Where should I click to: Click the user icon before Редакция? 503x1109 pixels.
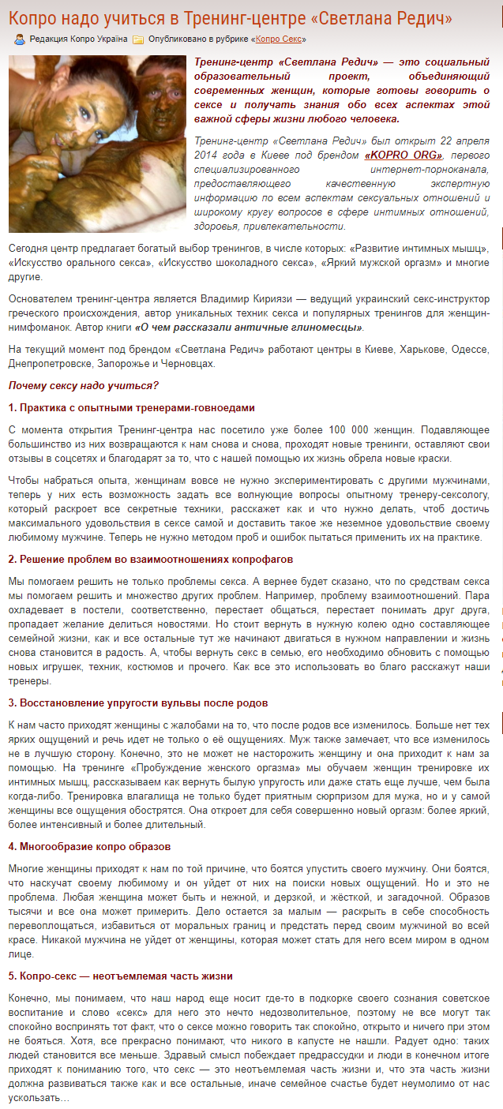tap(20, 39)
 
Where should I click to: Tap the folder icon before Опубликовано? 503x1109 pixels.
tap(138, 39)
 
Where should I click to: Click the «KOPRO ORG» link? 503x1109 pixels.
tap(404, 155)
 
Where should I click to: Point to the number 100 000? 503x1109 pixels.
tap(341, 430)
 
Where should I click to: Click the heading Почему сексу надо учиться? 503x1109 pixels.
tap(84, 385)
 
